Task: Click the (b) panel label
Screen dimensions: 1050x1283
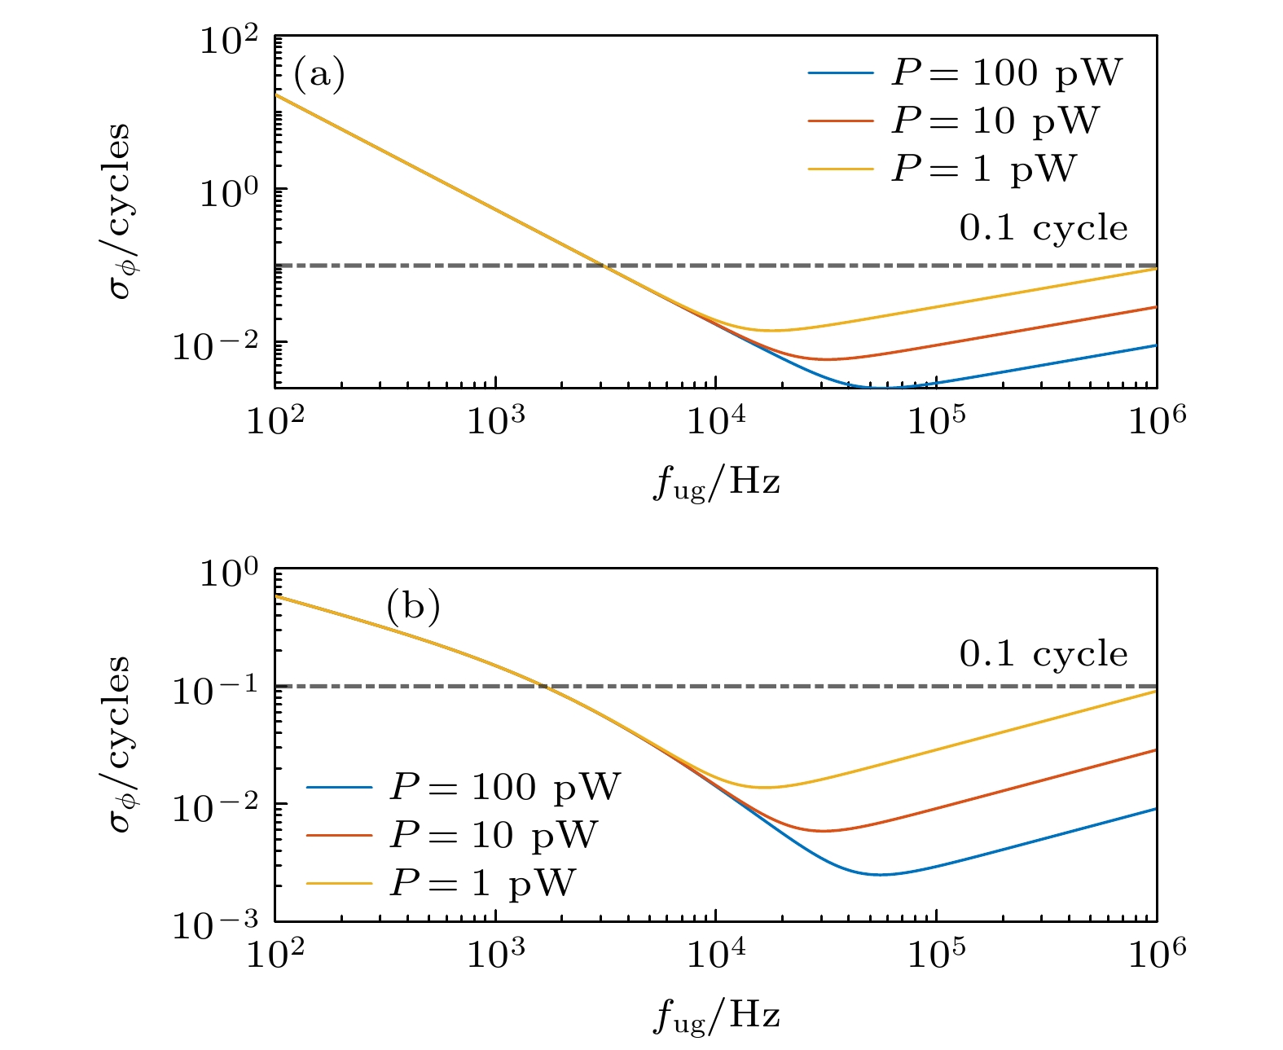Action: [413, 607]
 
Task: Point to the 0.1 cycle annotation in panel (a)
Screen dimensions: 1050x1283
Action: [1044, 229]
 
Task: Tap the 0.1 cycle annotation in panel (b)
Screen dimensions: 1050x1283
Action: [1044, 654]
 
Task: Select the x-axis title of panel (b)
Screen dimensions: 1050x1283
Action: [717, 1016]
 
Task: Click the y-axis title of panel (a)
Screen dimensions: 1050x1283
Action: [120, 211]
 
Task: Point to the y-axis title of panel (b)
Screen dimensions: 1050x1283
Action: [120, 743]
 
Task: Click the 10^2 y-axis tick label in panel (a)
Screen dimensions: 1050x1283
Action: [229, 42]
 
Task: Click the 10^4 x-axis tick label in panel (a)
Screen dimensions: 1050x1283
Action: [716, 420]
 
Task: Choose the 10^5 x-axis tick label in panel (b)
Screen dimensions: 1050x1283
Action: [937, 952]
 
